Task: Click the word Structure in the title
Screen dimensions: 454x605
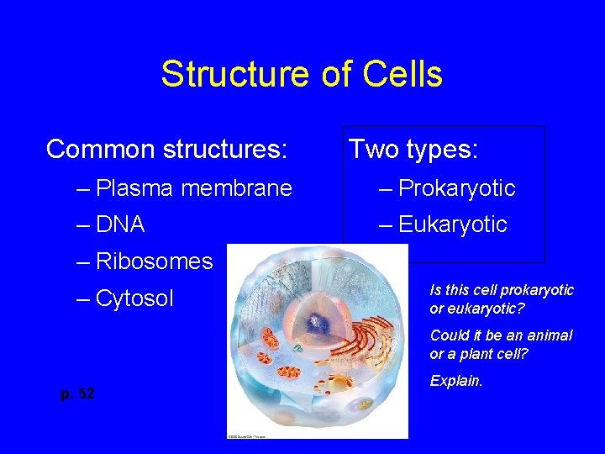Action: coord(221,74)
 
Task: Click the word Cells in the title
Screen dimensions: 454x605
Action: coord(402,74)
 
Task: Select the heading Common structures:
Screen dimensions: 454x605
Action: coord(167,150)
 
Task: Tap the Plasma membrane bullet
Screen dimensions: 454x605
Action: coord(194,187)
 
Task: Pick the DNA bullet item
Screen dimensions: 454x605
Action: coord(120,224)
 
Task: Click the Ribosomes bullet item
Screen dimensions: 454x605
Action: coord(155,261)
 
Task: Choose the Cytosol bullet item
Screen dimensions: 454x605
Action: coord(134,298)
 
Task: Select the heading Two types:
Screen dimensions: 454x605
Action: coord(413,150)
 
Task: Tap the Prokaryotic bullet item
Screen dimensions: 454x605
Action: coord(456,187)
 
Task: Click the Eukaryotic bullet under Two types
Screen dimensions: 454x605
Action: coord(452,224)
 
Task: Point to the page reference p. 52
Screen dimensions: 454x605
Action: coord(77,393)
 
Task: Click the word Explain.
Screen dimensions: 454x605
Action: coord(456,381)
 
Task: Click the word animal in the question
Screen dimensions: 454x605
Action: coord(550,335)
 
